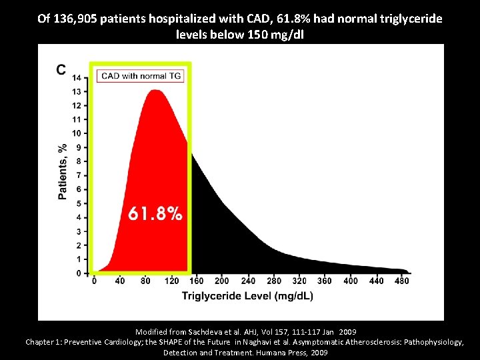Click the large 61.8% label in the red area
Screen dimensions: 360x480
tap(155, 214)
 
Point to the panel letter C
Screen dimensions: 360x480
tap(61, 70)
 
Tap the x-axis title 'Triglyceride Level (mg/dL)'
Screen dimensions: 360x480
tap(247, 295)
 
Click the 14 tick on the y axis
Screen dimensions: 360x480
tap(77, 78)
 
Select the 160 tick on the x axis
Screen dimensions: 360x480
tap(196, 281)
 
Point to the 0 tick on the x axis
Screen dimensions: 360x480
tap(94, 281)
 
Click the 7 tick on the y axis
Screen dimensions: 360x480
tap(79, 175)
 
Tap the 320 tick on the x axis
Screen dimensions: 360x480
tap(299, 281)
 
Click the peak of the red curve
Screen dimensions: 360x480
tap(157, 91)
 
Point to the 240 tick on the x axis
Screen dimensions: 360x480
tap(247, 281)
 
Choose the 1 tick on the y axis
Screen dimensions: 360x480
tap(79, 259)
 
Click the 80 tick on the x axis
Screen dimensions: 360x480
tap(145, 281)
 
